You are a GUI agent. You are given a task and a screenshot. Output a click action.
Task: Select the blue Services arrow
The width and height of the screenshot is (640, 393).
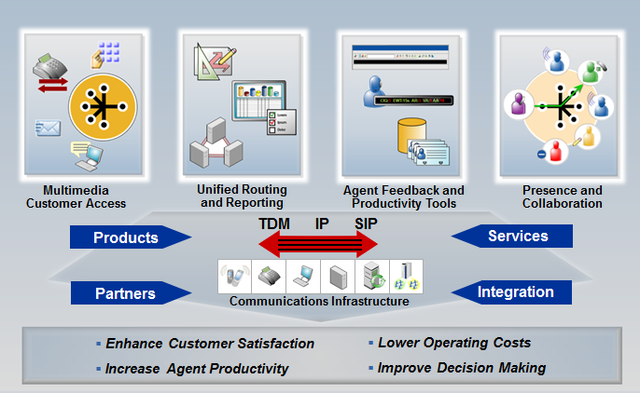tap(514, 237)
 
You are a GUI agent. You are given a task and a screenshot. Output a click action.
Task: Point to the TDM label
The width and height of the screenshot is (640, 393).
tap(275, 224)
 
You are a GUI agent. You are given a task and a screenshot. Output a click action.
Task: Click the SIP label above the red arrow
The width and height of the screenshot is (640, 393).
tap(367, 224)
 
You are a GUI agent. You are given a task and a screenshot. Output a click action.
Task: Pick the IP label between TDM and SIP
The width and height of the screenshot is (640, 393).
tap(322, 224)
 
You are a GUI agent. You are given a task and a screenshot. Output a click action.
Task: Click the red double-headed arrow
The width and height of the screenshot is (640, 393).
tap(320, 244)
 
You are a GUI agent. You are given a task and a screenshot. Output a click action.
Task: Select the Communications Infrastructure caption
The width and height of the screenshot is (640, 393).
tap(319, 301)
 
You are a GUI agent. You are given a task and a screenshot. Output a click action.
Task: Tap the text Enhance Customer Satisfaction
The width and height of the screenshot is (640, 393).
tap(210, 344)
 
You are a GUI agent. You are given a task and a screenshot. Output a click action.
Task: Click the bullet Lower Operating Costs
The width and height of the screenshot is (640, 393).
tap(454, 343)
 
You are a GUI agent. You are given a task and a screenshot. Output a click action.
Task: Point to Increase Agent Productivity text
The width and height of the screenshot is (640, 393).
tap(197, 369)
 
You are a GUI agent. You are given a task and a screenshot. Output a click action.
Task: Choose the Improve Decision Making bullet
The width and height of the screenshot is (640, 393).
tap(461, 368)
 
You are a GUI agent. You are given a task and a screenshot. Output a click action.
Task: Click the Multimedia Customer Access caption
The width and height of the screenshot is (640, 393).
tap(76, 196)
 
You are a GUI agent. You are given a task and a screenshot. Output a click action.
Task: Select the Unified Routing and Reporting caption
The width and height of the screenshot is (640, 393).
tap(242, 196)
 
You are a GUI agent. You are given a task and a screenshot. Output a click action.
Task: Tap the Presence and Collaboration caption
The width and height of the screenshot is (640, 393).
tap(562, 196)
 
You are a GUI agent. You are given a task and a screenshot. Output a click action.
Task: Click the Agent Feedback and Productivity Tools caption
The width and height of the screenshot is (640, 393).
tap(403, 196)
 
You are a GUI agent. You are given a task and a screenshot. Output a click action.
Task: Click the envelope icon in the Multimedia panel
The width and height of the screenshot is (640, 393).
tap(47, 128)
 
